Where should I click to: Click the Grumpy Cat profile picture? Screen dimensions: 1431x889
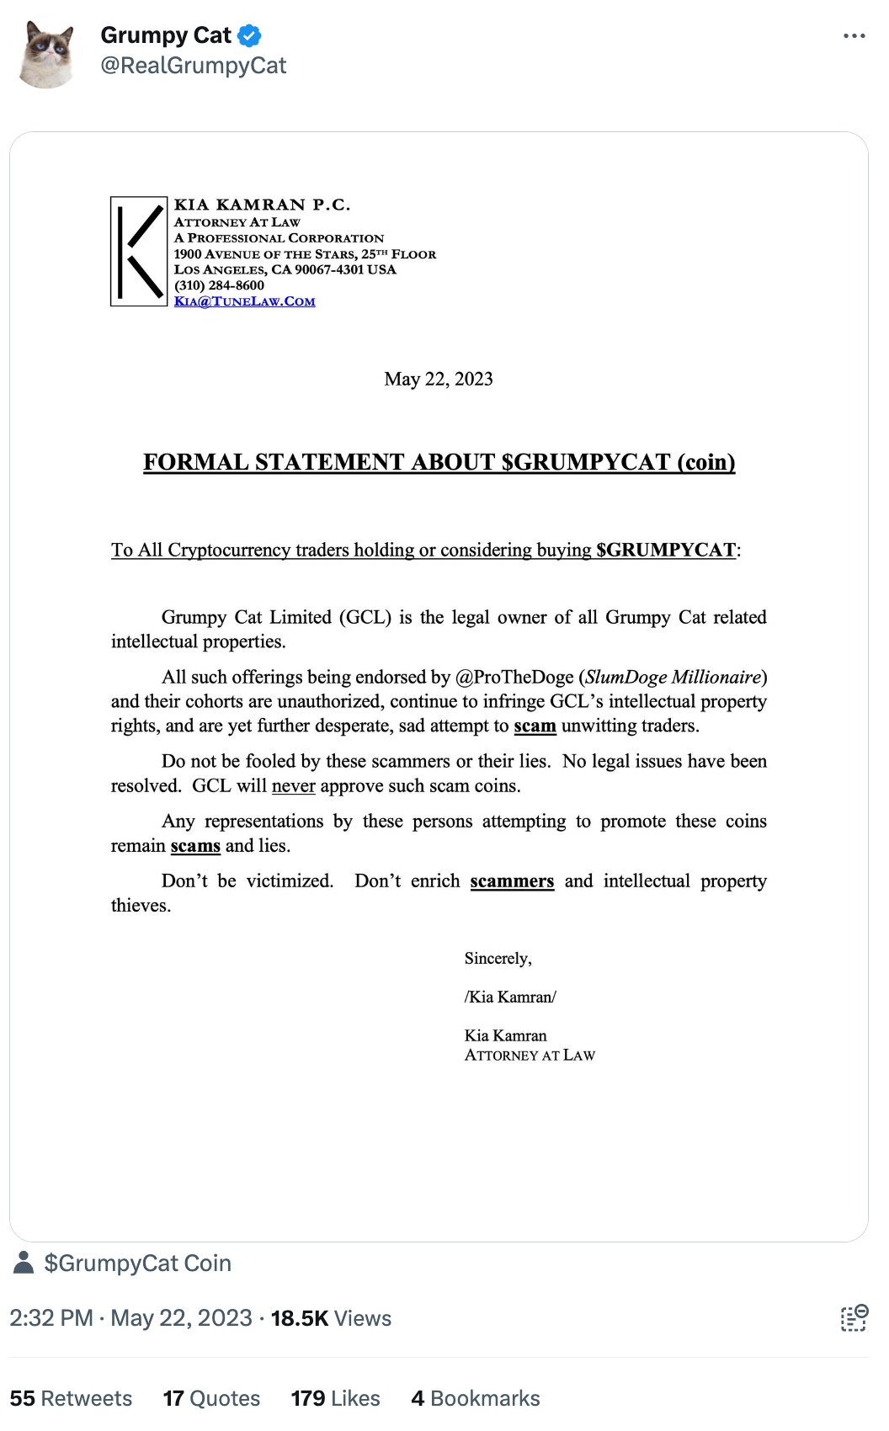click(x=47, y=55)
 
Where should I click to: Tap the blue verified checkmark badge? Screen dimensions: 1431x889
click(x=249, y=35)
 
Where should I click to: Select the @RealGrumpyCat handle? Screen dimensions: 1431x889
click(x=193, y=66)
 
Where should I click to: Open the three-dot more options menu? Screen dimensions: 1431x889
click(x=854, y=36)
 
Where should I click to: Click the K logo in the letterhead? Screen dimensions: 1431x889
click(x=139, y=251)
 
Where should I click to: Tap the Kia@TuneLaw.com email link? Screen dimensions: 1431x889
click(x=244, y=301)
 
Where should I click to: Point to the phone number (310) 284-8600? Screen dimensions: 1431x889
click(x=219, y=285)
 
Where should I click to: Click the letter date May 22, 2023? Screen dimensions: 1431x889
click(x=439, y=379)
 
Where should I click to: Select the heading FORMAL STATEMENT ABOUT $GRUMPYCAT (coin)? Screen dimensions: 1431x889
click(x=439, y=462)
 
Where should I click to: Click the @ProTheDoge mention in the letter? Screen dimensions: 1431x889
click(x=514, y=678)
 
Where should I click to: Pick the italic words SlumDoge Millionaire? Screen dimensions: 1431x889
click(x=673, y=678)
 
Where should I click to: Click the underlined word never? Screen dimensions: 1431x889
click(x=293, y=786)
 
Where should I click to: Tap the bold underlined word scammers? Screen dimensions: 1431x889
click(x=512, y=881)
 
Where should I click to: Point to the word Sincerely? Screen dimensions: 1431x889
click(x=498, y=959)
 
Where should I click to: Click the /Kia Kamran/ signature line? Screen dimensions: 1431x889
click(x=510, y=997)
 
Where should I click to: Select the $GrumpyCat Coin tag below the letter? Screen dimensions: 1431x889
click(x=137, y=1263)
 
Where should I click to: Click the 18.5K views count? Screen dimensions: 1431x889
click(x=331, y=1318)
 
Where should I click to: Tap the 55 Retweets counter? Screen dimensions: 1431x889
click(x=71, y=1398)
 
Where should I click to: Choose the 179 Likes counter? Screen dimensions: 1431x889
click(x=335, y=1398)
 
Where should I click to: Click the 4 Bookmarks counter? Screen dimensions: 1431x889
click(x=476, y=1398)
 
